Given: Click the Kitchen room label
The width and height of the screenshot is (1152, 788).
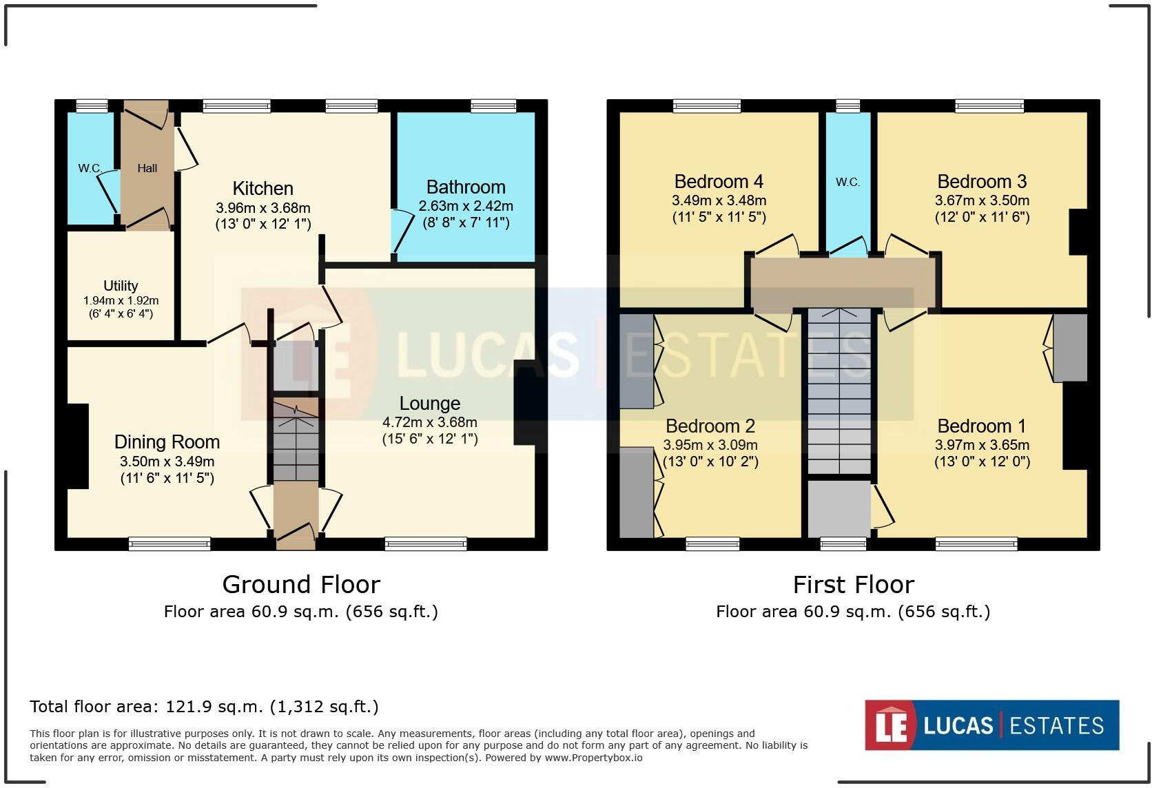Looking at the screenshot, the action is (263, 189).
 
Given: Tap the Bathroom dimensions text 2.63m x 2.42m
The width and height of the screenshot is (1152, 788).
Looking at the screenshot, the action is (466, 206).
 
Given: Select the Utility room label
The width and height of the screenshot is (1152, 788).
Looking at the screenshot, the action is (121, 286).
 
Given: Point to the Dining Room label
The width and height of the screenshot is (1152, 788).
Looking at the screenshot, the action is (167, 442).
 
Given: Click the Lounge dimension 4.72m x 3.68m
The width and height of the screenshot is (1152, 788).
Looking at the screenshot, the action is (430, 422).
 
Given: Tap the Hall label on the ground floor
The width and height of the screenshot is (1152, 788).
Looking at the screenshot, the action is (147, 168).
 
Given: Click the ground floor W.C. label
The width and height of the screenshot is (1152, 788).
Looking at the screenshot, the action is (90, 168).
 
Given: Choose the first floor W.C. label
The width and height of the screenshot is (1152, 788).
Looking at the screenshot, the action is (847, 182).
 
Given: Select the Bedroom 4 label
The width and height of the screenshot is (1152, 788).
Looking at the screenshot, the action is (719, 181).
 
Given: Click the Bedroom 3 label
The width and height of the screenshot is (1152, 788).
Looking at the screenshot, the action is (982, 181).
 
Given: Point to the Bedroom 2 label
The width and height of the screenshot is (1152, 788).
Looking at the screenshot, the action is (710, 426).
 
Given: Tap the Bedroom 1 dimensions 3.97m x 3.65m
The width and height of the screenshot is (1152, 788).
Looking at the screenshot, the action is (982, 445).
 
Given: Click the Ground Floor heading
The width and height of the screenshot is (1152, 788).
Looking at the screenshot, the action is (301, 584).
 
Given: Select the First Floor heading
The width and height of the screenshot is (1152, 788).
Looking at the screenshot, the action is (854, 584).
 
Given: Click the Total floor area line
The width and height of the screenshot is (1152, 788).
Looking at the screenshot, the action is (204, 707).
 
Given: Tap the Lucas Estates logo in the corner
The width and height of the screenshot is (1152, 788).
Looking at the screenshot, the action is (992, 725).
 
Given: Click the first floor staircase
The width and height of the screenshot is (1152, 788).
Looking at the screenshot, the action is (839, 391).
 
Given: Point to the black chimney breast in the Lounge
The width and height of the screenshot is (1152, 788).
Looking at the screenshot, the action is (528, 402).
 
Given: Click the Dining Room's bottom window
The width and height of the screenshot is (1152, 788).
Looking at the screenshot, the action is (169, 543).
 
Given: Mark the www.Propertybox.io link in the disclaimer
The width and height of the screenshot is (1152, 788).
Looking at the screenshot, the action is (593, 758).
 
